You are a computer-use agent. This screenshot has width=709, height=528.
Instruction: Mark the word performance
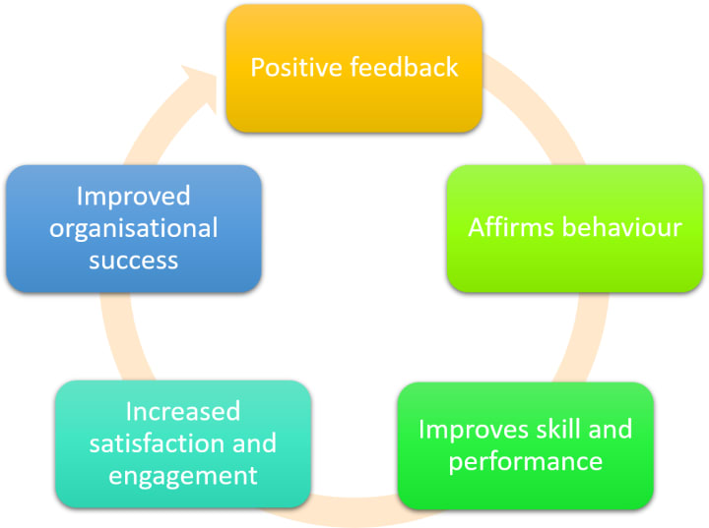click(525, 460)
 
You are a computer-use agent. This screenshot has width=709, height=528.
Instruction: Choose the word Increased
click(182, 411)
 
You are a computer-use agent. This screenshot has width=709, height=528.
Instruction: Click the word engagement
click(182, 476)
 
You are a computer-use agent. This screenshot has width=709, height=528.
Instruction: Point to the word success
click(133, 260)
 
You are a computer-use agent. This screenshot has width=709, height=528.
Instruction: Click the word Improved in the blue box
click(133, 196)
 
